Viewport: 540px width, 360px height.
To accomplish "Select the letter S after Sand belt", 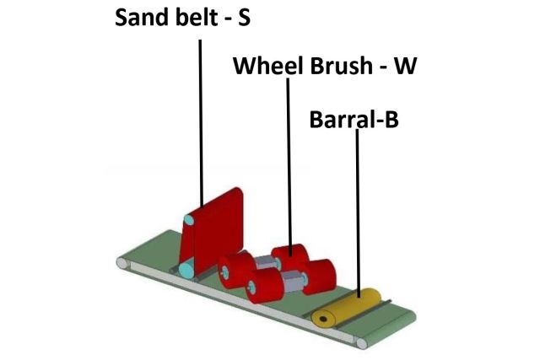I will (x=244, y=18).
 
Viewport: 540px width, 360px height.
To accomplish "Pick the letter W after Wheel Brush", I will (x=406, y=66).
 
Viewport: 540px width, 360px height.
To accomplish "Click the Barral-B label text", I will (x=354, y=121).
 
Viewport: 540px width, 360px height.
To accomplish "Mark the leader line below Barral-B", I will (x=358, y=211).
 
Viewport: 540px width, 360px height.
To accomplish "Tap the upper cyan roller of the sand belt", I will (x=189, y=221).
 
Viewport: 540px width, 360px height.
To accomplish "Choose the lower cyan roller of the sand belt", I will (x=186, y=271).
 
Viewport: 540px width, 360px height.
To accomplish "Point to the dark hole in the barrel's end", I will (x=320, y=320).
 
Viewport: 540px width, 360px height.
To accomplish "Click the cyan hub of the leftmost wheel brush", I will (x=225, y=271).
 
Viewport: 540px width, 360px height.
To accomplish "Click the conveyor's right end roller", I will (x=362, y=342).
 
